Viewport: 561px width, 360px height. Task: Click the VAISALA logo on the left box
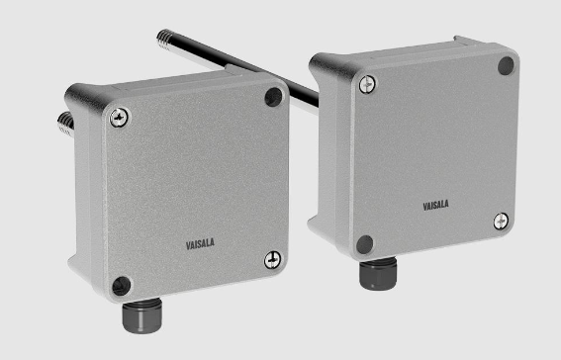click(x=200, y=244)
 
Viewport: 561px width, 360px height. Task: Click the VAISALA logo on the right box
click(x=435, y=205)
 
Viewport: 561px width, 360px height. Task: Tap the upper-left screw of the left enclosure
click(x=119, y=118)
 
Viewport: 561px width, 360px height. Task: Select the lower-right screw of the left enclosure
click(x=273, y=260)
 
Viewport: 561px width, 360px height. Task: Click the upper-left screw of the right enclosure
click(x=367, y=84)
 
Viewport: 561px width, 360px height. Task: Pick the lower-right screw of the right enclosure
click(x=501, y=221)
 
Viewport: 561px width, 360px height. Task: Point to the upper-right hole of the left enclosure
click(x=273, y=97)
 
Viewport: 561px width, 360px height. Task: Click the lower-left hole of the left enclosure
click(x=122, y=286)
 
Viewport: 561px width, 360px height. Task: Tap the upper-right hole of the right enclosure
click(x=506, y=66)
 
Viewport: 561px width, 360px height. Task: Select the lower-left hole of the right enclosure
click(x=364, y=244)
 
